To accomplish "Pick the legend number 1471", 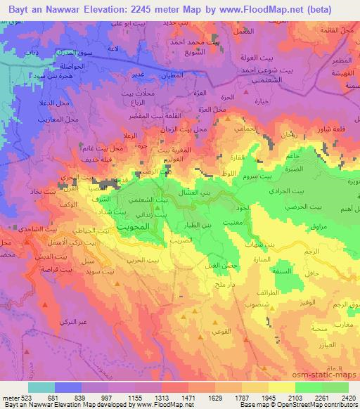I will coord(188,398).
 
